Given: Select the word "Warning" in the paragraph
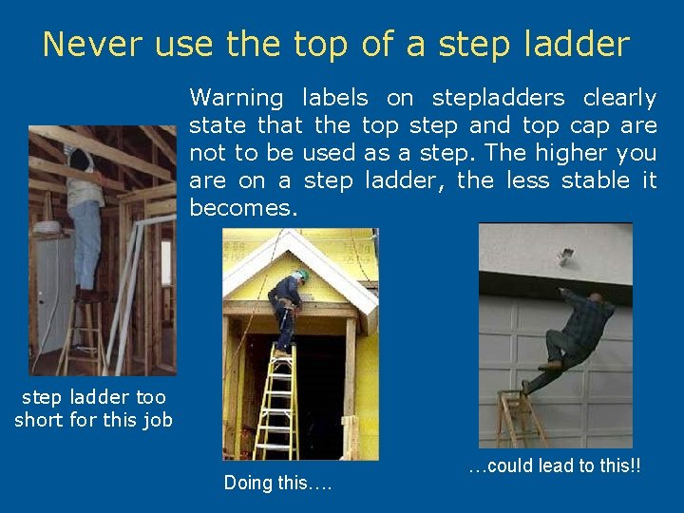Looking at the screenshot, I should pyautogui.click(x=237, y=98).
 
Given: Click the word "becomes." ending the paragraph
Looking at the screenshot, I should pyautogui.click(x=244, y=207).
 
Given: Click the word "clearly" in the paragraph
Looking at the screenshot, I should pyautogui.click(x=618, y=98).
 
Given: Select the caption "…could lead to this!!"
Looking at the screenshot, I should pyautogui.click(x=553, y=465).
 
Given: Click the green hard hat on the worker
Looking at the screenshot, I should pyautogui.click(x=302, y=275).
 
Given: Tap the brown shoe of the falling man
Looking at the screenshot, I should pyautogui.click(x=548, y=365).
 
